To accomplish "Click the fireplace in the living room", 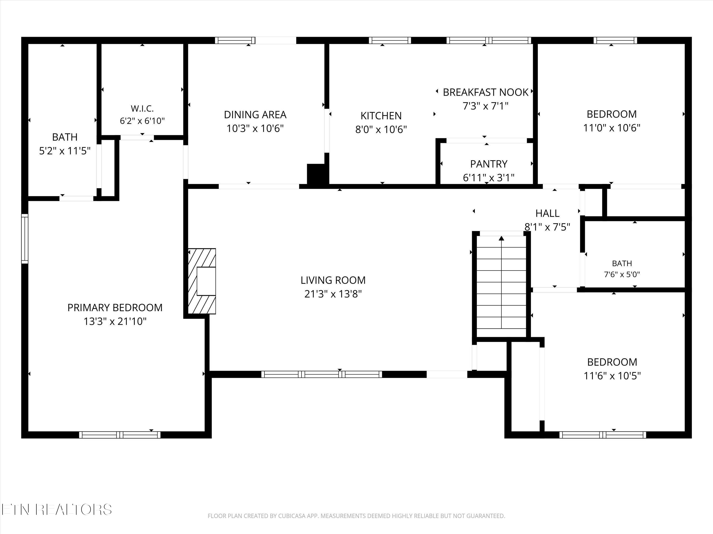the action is (x=202, y=281).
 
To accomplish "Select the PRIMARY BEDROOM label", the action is (x=115, y=308).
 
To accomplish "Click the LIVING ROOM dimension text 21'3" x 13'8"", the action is (x=333, y=294).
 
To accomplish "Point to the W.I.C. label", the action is (x=142, y=108).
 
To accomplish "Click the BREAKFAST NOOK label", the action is (x=485, y=92).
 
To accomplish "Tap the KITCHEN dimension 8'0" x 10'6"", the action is (x=381, y=129).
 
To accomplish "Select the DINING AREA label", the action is (x=255, y=115).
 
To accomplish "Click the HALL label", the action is (x=547, y=213).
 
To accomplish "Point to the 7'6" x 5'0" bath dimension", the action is (x=622, y=274).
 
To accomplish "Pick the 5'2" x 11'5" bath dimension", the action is (x=65, y=151).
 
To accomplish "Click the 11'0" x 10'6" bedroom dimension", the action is (x=612, y=128).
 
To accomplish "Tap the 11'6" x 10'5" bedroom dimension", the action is (x=612, y=376).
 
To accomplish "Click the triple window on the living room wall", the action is (x=321, y=374).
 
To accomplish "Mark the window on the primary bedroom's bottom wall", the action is (x=120, y=435).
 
